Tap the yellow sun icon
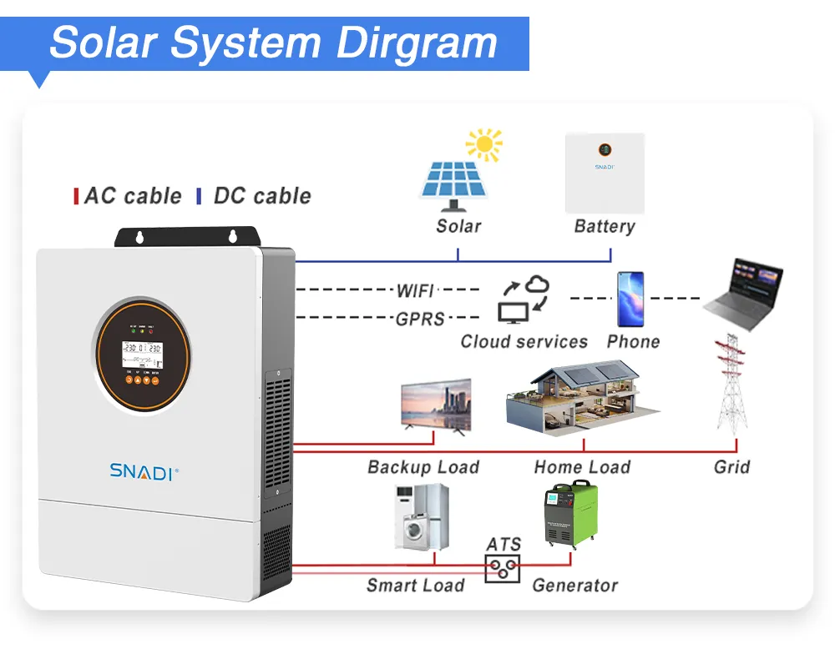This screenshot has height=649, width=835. click(484, 145)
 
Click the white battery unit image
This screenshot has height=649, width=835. click(605, 173)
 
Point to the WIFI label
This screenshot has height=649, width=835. click(415, 290)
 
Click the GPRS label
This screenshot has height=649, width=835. click(420, 318)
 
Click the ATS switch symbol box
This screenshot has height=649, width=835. click(503, 568)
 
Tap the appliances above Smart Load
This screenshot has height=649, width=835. click(421, 516)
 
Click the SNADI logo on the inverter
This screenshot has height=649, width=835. click(143, 471)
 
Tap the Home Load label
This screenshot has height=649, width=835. click(582, 467)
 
